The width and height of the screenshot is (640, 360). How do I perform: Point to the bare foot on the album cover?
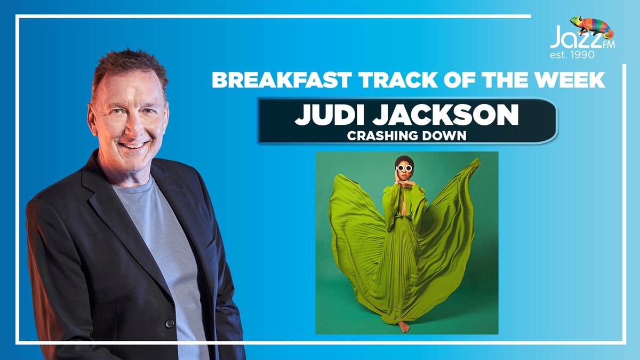point(404,326)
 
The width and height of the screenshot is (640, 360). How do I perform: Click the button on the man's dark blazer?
point(170,323)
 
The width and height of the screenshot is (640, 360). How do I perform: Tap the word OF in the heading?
point(469,80)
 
